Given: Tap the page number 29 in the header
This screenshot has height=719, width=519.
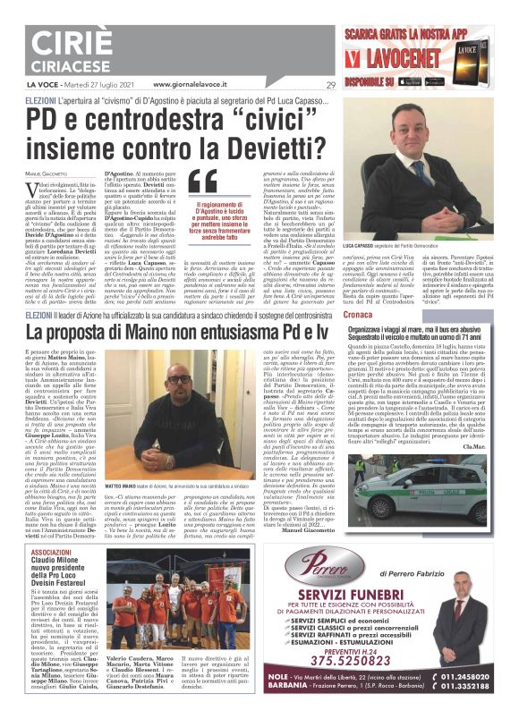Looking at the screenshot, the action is click(x=330, y=85).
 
